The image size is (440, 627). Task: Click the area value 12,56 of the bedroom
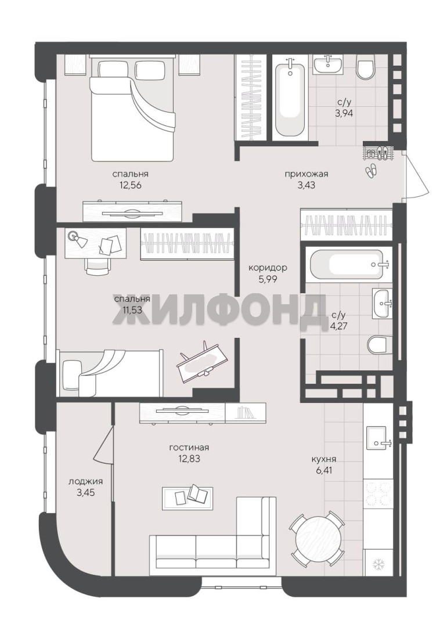point(130,185)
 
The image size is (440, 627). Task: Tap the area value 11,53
point(130,310)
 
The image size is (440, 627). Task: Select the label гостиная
point(189,448)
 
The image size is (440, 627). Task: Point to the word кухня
point(324,459)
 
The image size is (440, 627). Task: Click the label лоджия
point(85,482)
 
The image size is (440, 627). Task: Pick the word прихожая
point(306,174)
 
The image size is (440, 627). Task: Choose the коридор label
point(268,268)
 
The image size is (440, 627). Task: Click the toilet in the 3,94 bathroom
point(366,68)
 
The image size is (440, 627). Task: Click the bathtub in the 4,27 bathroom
point(346,265)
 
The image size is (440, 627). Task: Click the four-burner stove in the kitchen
point(378,493)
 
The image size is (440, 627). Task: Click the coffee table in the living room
point(187,498)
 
